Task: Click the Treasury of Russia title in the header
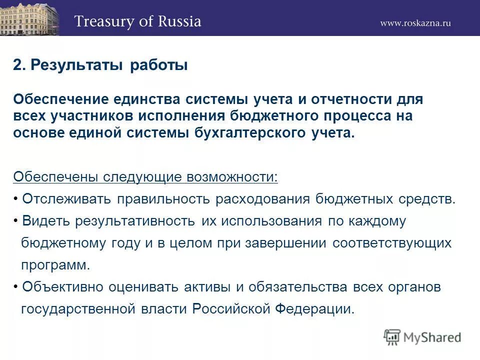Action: [137, 21]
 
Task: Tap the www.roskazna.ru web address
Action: [415, 23]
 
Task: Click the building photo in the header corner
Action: [29, 18]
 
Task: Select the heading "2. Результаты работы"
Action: [100, 65]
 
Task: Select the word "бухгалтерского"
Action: [257, 133]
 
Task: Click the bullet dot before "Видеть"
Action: [16, 220]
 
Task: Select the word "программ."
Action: [55, 265]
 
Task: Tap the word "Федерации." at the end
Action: [315, 309]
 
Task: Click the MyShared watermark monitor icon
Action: [392, 337]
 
